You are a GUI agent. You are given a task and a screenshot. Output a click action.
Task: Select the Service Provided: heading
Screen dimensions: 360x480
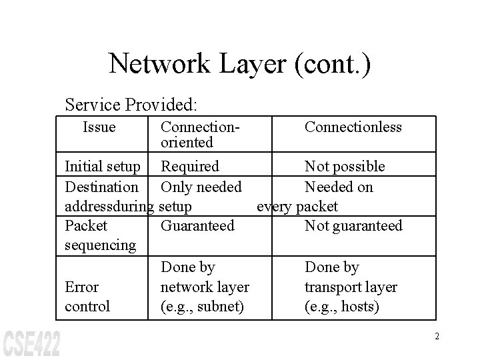(131, 105)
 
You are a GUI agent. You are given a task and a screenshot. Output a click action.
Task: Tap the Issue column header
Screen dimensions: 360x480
(99, 127)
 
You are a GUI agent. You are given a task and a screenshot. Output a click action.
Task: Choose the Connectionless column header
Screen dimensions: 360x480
(353, 127)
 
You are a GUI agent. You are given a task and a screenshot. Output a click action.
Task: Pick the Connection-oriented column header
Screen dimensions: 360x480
(201, 134)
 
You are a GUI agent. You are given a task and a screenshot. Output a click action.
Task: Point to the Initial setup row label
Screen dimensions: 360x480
(103, 166)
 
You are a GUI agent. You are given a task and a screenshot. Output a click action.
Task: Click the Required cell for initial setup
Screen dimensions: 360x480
(190, 166)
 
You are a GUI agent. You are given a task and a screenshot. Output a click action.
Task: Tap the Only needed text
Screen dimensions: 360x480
(201, 187)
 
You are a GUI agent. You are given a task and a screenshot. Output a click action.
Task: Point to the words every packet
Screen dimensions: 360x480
(297, 206)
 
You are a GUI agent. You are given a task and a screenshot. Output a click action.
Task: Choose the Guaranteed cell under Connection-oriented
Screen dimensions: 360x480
(197, 225)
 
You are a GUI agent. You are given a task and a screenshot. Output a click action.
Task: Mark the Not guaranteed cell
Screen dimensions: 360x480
(353, 225)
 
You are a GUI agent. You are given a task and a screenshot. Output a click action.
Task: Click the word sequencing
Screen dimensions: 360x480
(100, 245)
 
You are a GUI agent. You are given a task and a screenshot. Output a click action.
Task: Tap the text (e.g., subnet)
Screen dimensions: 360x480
(203, 307)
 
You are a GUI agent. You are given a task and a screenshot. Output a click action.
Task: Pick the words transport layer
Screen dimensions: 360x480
(351, 287)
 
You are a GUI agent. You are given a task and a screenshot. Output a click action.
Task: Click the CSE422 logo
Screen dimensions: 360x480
(31, 342)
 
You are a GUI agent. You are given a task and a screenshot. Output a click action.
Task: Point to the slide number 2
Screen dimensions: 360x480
(437, 336)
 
